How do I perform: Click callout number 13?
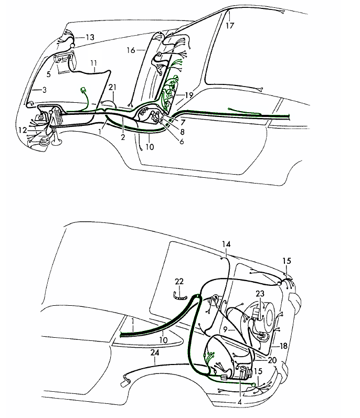(90, 37)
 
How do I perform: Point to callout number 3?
(44, 90)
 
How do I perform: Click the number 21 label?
(112, 88)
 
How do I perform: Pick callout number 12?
(22, 130)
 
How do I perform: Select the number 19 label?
(188, 95)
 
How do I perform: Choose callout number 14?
(226, 244)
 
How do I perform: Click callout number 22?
(179, 282)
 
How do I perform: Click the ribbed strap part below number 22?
(181, 297)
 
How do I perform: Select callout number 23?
(260, 294)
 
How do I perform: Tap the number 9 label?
(225, 329)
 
